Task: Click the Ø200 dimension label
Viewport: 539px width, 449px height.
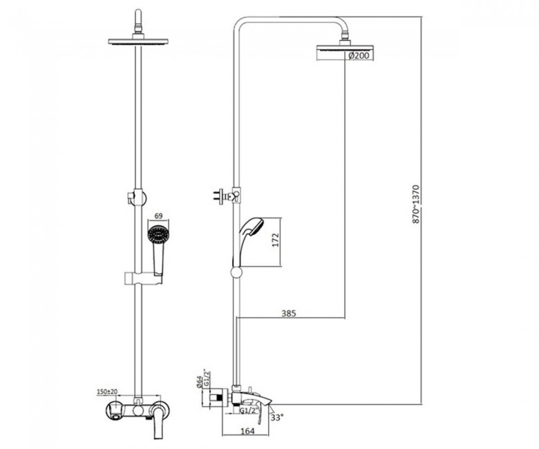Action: (359, 55)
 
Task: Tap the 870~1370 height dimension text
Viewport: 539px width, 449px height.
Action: (416, 204)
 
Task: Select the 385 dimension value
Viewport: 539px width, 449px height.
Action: (289, 313)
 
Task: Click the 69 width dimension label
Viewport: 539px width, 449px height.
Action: (158, 216)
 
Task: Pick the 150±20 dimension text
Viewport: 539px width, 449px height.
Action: (108, 391)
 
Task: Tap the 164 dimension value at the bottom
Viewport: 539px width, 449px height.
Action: (247, 431)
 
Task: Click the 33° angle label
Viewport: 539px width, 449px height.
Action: (277, 418)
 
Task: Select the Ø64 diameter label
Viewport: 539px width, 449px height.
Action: (200, 382)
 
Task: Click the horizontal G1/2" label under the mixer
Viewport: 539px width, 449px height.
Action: (248, 410)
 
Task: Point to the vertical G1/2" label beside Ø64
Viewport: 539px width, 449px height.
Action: (207, 378)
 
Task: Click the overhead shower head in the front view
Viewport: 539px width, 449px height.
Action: (138, 41)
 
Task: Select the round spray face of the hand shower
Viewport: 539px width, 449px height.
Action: (159, 235)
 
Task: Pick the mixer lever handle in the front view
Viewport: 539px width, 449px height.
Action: (159, 422)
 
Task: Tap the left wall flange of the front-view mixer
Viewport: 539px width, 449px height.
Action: (114, 410)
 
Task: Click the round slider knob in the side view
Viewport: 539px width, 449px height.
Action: (236, 272)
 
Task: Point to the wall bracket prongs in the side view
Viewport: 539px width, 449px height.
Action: (219, 196)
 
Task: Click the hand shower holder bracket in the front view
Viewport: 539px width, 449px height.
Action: (142, 278)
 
